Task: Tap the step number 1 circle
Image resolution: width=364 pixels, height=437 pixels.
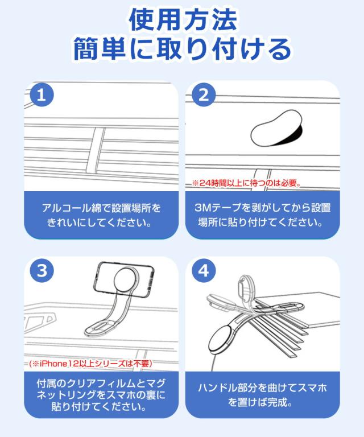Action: (x=40, y=96)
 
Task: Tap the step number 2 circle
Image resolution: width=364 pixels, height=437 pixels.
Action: (x=202, y=96)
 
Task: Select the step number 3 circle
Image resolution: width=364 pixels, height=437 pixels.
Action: (x=40, y=271)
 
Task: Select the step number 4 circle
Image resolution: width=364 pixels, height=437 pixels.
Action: (x=202, y=271)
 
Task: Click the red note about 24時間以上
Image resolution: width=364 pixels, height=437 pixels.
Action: (x=246, y=184)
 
